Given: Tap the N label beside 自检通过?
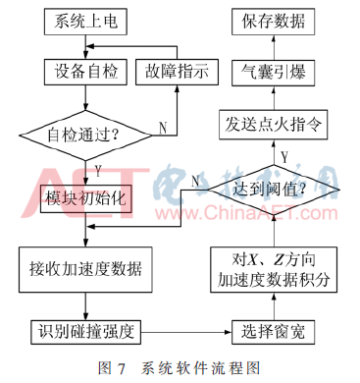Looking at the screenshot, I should (x=161, y=126).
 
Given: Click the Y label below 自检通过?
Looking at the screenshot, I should (x=98, y=169).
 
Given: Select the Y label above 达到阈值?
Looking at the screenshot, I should (x=285, y=154).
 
